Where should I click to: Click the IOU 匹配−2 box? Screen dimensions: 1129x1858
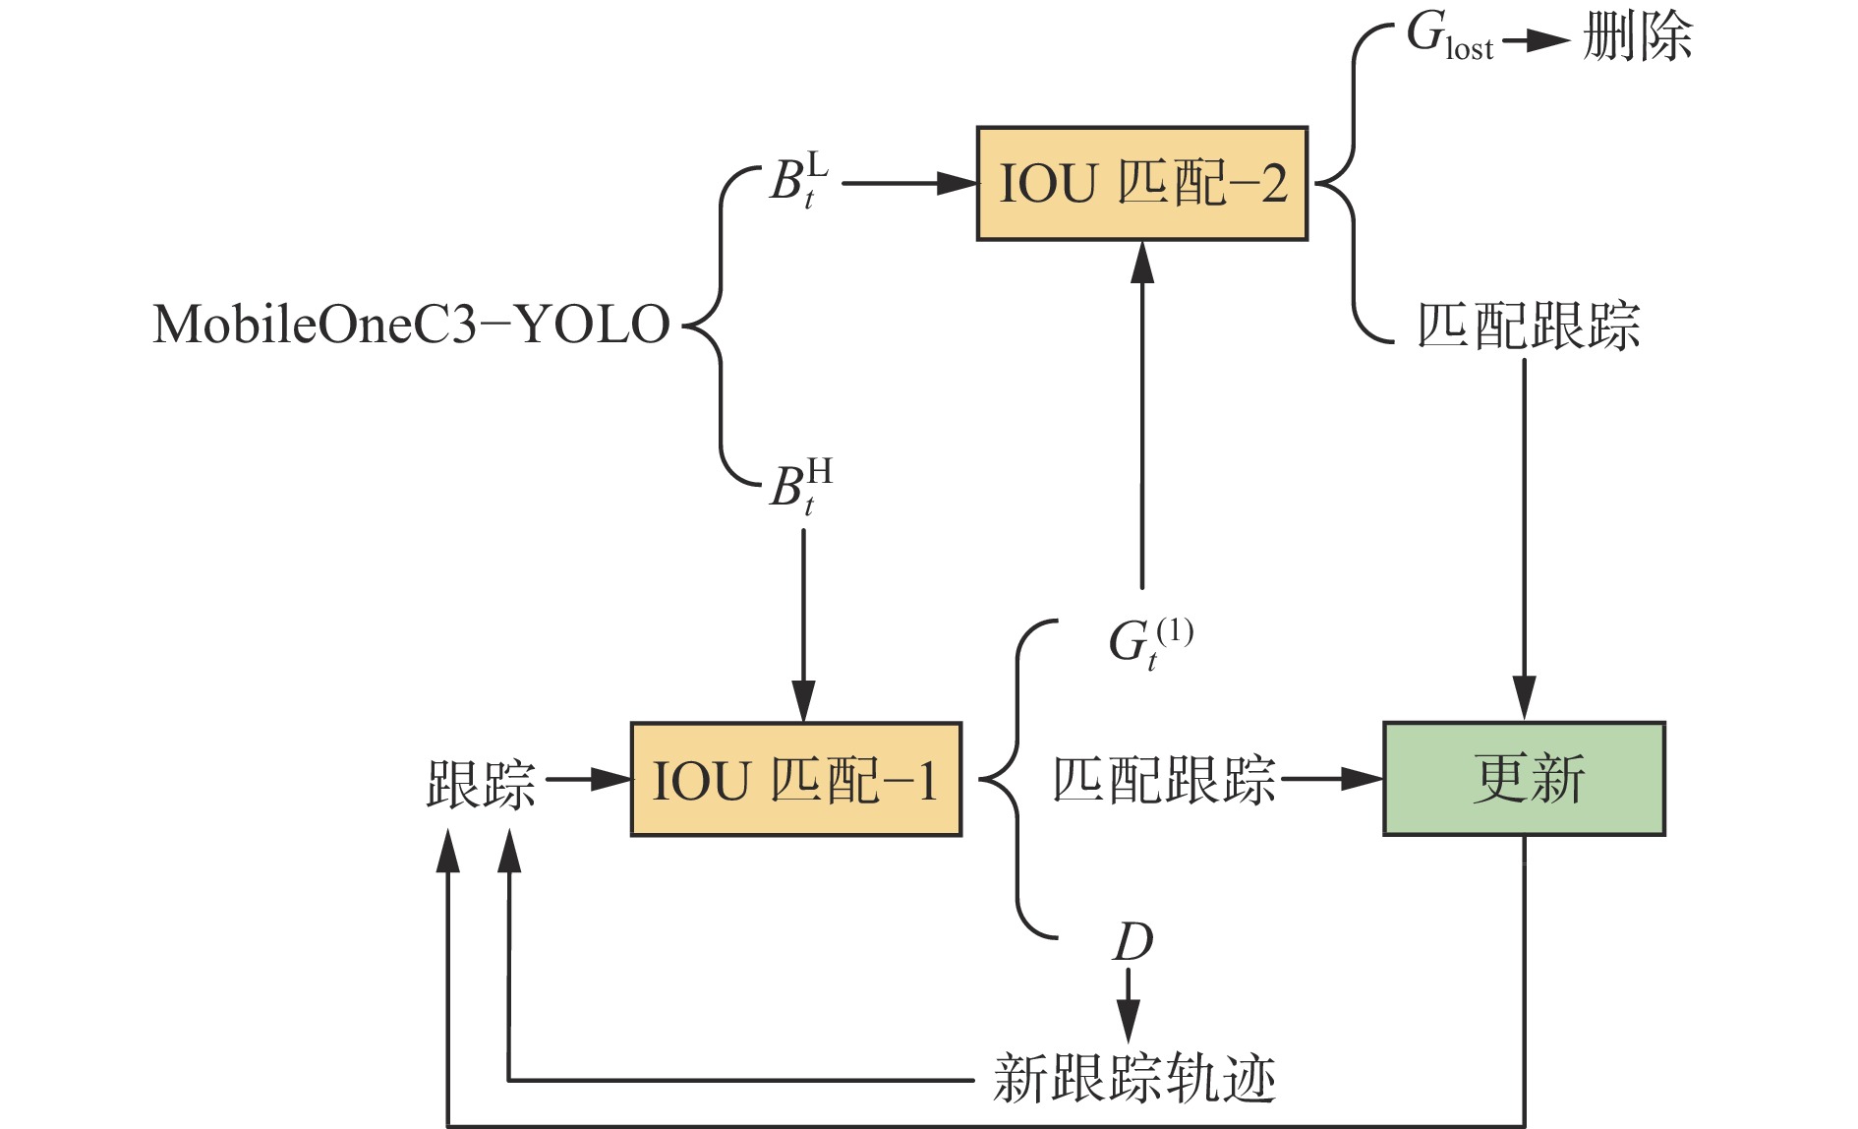tap(1141, 184)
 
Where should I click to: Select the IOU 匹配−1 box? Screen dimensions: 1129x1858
tap(795, 780)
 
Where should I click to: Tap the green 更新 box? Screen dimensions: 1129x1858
tap(1524, 779)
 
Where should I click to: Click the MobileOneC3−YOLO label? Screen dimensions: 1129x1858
tap(411, 325)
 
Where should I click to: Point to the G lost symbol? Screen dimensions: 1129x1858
tap(1448, 37)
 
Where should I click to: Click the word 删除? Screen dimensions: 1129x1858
tap(1637, 38)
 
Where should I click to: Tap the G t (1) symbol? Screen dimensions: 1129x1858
tap(1149, 642)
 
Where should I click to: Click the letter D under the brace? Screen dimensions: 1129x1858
tap(1132, 942)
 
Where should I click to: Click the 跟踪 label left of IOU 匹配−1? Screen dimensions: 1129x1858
tap(481, 784)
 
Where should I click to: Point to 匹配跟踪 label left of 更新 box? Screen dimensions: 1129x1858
tap(1164, 780)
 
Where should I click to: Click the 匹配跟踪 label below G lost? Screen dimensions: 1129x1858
tap(1528, 326)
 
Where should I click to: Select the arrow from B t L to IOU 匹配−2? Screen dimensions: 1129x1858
tap(908, 183)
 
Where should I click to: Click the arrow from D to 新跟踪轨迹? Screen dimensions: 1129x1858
tap(1129, 1005)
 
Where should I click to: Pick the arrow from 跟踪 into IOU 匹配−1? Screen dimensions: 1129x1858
tap(588, 780)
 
